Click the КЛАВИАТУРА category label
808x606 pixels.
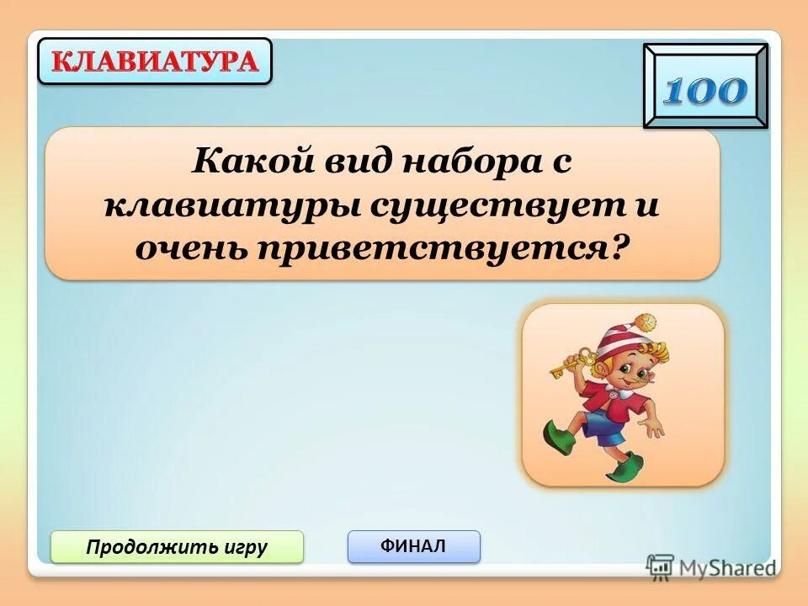click(x=155, y=61)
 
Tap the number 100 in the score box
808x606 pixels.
click(x=705, y=91)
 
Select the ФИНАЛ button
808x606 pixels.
click(x=413, y=546)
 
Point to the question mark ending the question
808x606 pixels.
click(x=621, y=247)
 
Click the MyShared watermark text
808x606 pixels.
click(x=725, y=566)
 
